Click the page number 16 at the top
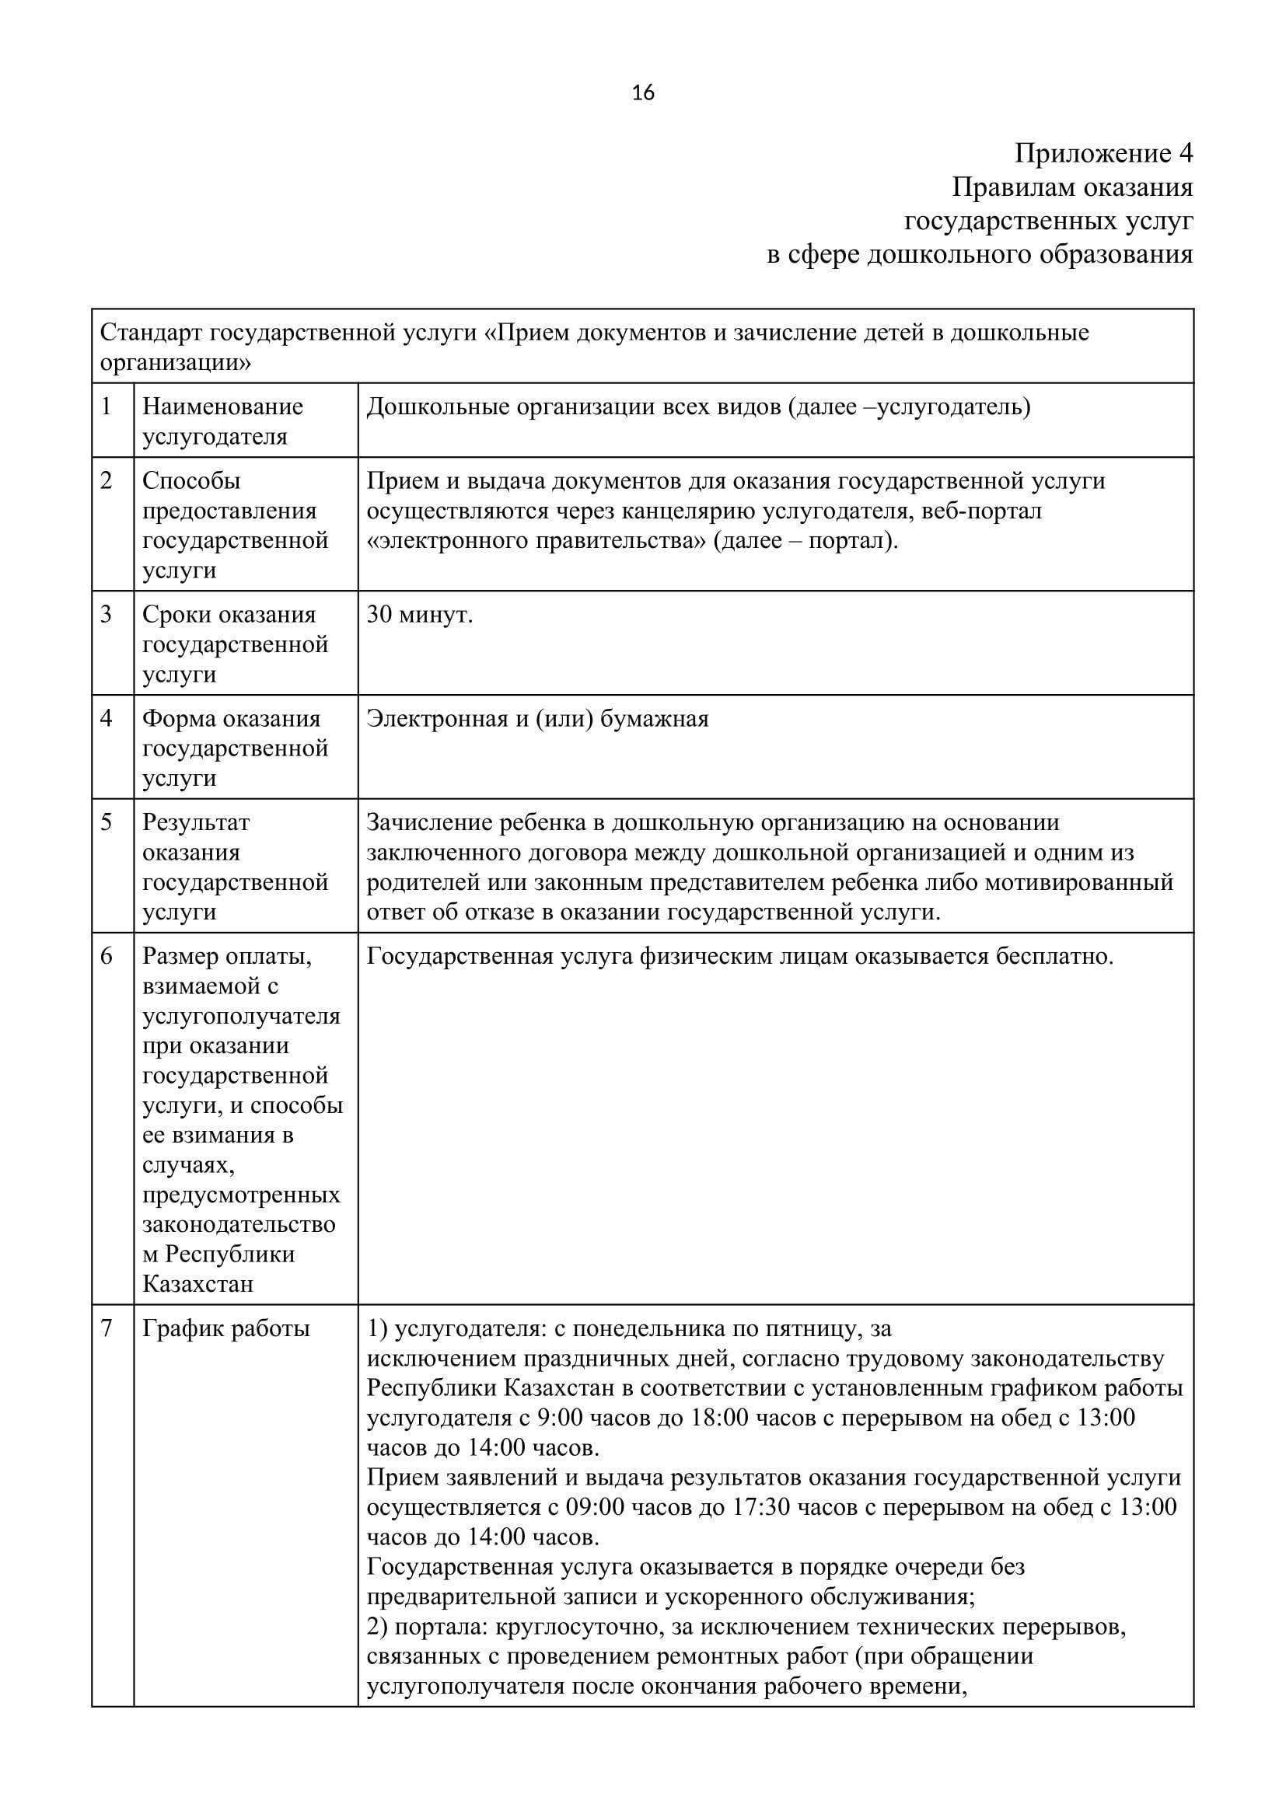(x=643, y=93)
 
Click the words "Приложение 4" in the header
(x=1103, y=154)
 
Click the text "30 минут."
(x=420, y=615)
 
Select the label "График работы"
(x=225, y=1328)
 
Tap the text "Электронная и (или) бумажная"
(x=538, y=719)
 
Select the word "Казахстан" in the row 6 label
(x=198, y=1283)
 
